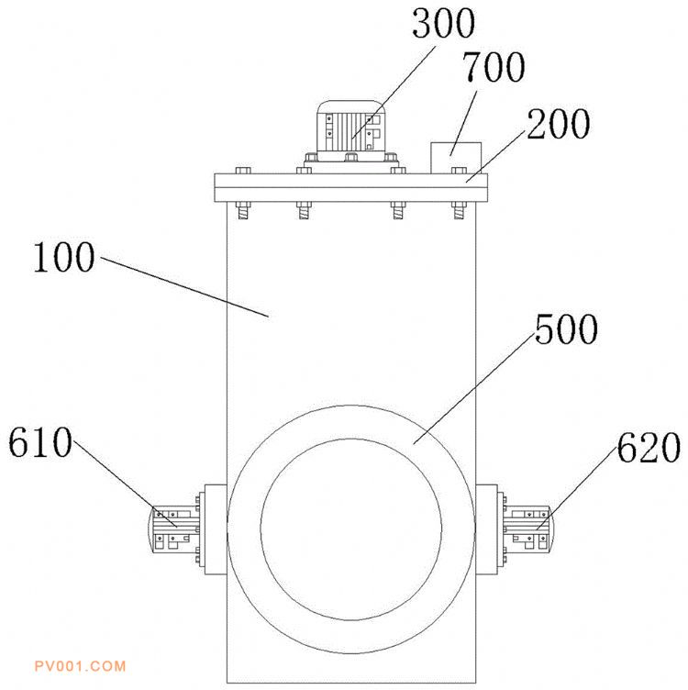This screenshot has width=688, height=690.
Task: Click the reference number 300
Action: [443, 24]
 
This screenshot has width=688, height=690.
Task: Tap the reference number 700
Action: [494, 67]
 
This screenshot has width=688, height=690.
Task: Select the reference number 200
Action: [559, 124]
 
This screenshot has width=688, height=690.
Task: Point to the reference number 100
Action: [64, 258]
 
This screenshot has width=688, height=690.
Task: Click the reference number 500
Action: [566, 328]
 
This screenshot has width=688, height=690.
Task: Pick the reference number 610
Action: [40, 442]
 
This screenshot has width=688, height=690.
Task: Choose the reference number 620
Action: [649, 448]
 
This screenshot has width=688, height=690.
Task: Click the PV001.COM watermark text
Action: [80, 666]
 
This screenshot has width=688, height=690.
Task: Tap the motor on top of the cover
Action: [351, 130]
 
